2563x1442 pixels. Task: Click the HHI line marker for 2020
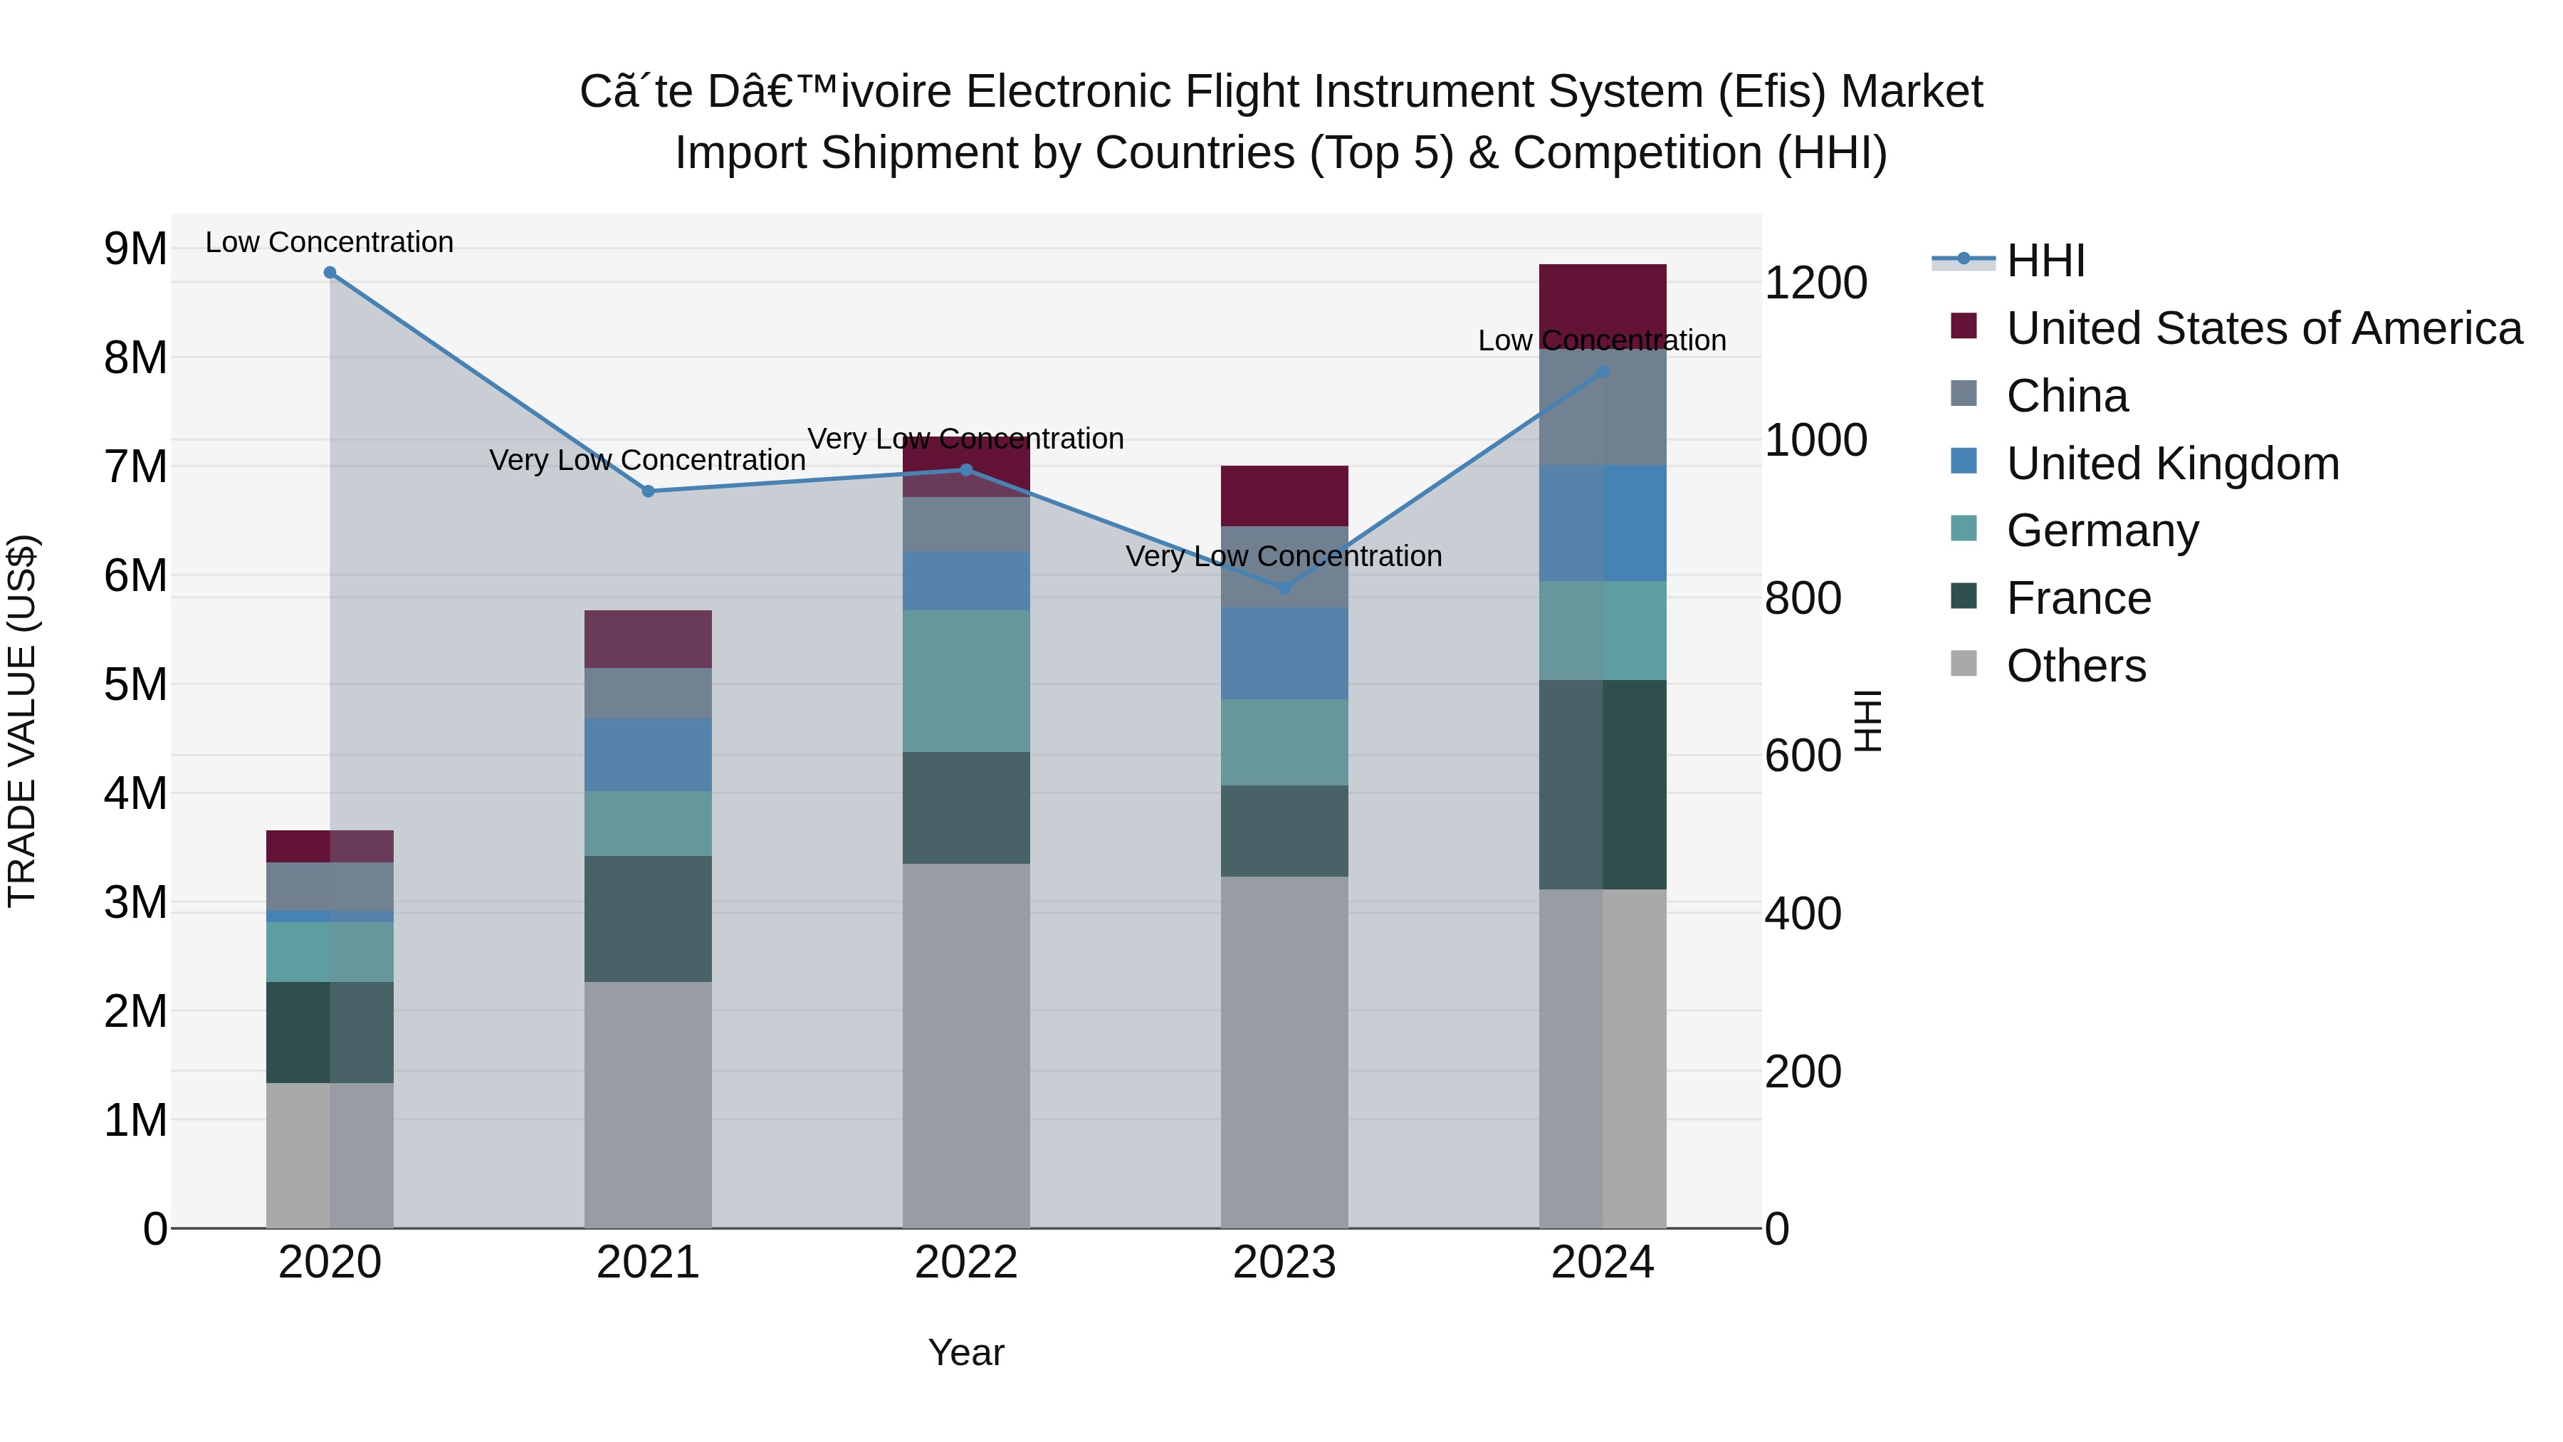coord(330,273)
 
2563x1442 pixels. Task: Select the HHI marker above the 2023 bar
coord(1284,588)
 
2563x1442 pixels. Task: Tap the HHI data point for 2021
coord(648,491)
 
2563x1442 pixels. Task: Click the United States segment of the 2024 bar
coord(1602,298)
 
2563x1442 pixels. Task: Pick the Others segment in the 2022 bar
coord(965,1045)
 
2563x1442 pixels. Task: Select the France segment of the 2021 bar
coord(648,919)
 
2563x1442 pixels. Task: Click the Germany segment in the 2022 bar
coord(965,681)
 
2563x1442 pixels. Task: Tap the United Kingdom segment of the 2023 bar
coord(1284,653)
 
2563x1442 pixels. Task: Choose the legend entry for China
coord(2067,396)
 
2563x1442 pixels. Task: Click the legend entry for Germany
coord(2102,531)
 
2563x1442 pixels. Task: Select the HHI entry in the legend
coord(2045,261)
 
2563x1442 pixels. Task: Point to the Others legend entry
coord(2075,666)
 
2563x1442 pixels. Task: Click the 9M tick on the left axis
coord(135,249)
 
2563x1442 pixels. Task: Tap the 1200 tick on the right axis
coord(1815,283)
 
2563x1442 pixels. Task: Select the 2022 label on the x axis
coord(965,1263)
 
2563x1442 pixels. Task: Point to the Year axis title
coord(965,1352)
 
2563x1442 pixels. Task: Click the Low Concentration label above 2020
coord(330,242)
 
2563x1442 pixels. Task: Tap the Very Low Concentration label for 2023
coord(1284,556)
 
